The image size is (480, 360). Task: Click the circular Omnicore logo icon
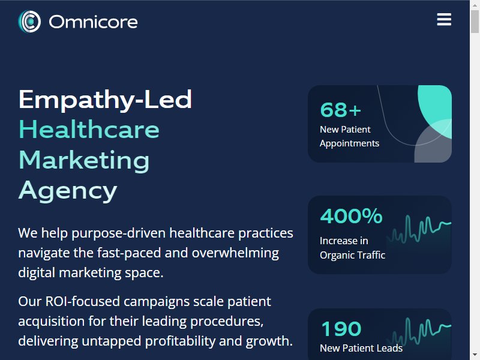click(x=29, y=22)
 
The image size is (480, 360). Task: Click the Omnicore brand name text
click(x=93, y=22)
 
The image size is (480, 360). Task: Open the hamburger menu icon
click(x=444, y=19)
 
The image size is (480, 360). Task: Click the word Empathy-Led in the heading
click(x=106, y=100)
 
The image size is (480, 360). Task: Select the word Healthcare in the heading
click(x=89, y=130)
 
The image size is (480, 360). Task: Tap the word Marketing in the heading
click(x=84, y=160)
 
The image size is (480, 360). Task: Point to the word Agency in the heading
click(x=68, y=191)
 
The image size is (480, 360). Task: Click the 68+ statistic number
click(x=340, y=110)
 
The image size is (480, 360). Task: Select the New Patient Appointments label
click(x=349, y=136)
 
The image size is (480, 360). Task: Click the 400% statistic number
click(x=351, y=216)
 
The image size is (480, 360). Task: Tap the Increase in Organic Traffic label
click(x=352, y=248)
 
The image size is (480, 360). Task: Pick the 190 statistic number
click(x=341, y=329)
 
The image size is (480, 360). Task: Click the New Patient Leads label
click(x=361, y=348)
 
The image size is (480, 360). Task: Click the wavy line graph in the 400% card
click(x=419, y=229)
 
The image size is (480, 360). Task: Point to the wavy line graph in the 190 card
click(x=419, y=332)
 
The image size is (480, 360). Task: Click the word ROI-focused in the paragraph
click(x=82, y=301)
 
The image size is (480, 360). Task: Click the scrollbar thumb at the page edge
click(x=475, y=21)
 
